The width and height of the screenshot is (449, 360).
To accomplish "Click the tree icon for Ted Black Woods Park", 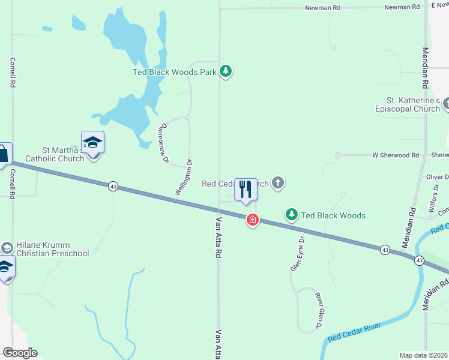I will (226, 72).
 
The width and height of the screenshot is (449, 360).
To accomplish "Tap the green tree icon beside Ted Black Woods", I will (291, 215).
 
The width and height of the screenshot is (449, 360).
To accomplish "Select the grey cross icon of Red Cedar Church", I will (277, 183).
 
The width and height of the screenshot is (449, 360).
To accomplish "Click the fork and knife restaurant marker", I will (245, 190).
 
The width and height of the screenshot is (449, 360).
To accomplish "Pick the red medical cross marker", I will (253, 220).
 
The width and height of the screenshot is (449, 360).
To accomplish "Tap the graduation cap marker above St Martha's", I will (92, 142).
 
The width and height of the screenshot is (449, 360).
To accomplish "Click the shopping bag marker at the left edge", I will (3, 154).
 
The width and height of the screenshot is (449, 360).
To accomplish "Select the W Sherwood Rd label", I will (395, 155).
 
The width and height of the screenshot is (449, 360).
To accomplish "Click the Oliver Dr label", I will (437, 177).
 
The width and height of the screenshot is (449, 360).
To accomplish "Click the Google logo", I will (20, 353).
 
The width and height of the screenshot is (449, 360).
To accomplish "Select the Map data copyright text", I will (423, 355).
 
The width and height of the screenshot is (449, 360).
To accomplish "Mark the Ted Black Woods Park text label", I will (175, 73).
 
